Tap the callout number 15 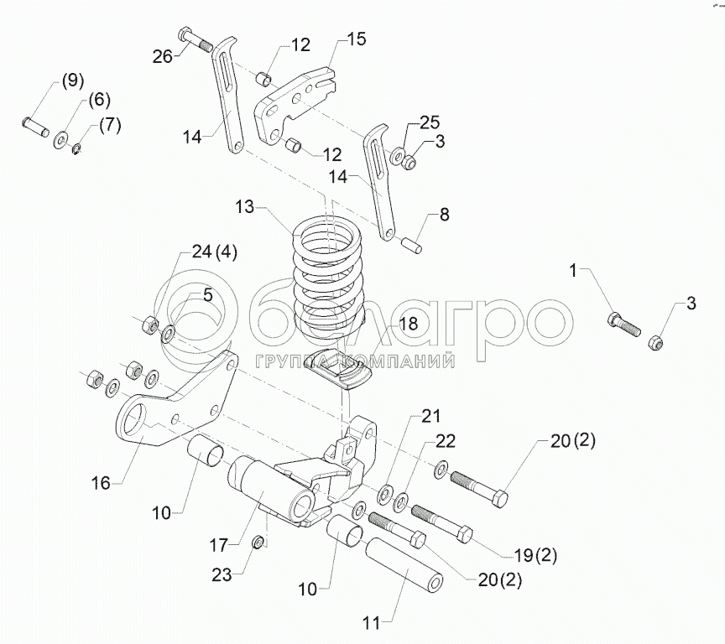coord(356,39)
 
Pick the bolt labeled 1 coord(622,322)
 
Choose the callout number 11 coord(372,623)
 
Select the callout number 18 coord(408,324)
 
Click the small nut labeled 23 coord(260,543)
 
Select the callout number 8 coord(444,215)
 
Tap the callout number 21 coord(430,416)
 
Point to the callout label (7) coord(110,126)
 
